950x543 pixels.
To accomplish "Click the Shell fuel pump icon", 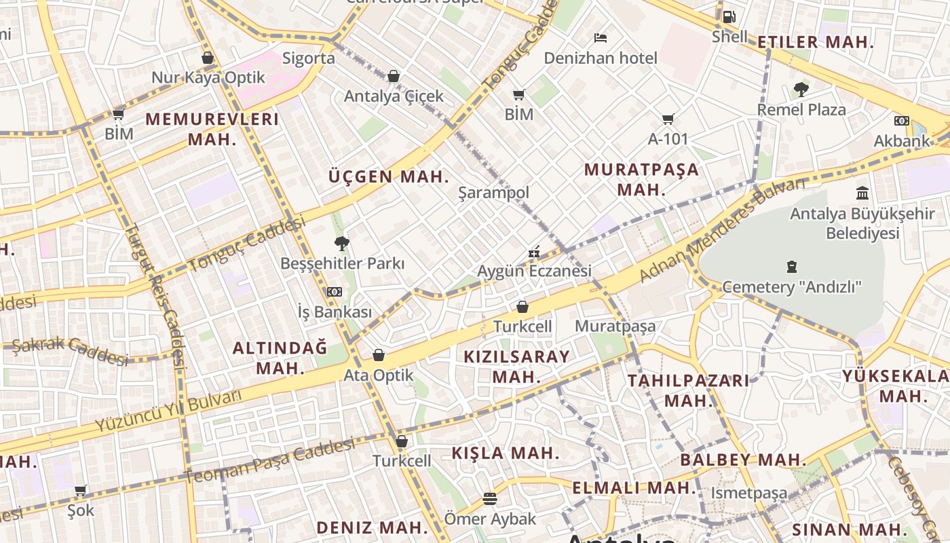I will pyautogui.click(x=729, y=17).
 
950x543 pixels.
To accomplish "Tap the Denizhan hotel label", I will pyautogui.click(x=601, y=58).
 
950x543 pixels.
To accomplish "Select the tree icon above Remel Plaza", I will pyautogui.click(x=801, y=90).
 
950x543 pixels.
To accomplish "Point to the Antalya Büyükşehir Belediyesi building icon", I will pyautogui.click(x=862, y=193).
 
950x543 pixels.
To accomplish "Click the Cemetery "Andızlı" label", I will pyautogui.click(x=791, y=286).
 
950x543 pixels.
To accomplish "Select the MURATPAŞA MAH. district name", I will pyautogui.click(x=641, y=179).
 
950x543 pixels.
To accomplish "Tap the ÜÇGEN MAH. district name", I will pyautogui.click(x=389, y=177).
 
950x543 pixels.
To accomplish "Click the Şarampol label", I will pyautogui.click(x=493, y=193).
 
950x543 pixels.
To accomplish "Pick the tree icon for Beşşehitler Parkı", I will pyautogui.click(x=342, y=244).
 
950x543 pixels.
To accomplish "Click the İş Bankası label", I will pyautogui.click(x=335, y=312).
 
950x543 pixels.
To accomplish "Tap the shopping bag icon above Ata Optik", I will pyautogui.click(x=379, y=355).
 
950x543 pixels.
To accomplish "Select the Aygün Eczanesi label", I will pyautogui.click(x=534, y=271).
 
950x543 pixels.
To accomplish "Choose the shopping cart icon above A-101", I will pyautogui.click(x=668, y=119).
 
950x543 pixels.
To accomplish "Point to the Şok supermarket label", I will pyautogui.click(x=81, y=510).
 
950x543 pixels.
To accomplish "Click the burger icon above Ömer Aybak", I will pyautogui.click(x=490, y=500).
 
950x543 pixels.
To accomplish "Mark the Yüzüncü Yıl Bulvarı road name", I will pyautogui.click(x=168, y=411).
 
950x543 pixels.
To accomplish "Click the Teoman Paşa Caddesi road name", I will pyautogui.click(x=269, y=462).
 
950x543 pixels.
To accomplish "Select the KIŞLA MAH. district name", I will pyautogui.click(x=506, y=453).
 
